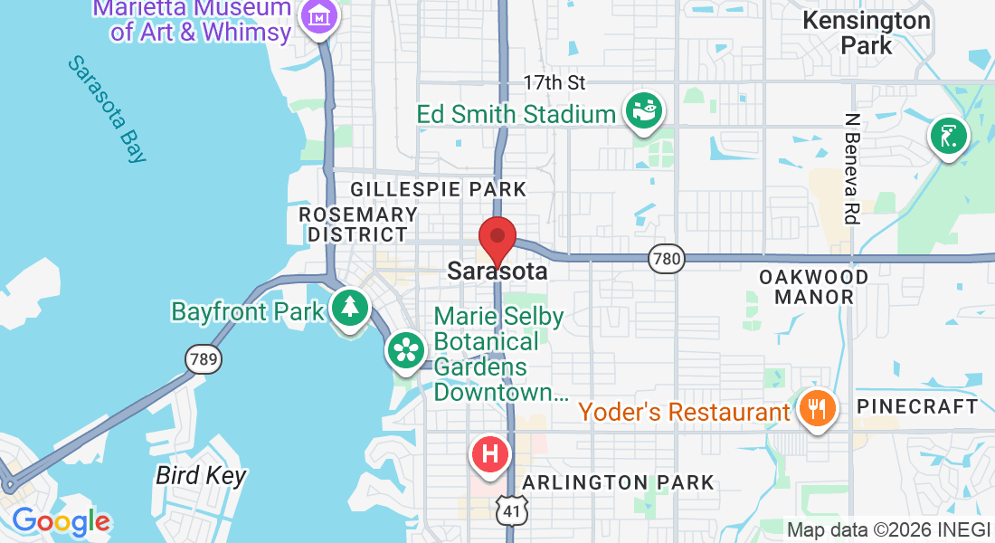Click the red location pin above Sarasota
pos(497,238)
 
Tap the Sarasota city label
pos(497,271)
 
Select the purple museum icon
pos(318,16)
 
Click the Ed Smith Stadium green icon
pos(644,111)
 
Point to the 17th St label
pos(554,82)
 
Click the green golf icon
pos(948,138)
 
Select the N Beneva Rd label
pos(851,168)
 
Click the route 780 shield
pos(665,260)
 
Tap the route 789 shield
pos(203,359)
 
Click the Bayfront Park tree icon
pos(348,308)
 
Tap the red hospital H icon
pos(490,452)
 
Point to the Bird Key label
pos(201,475)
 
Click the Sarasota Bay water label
pos(108,110)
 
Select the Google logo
pos(61,521)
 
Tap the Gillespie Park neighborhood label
pos(438,189)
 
